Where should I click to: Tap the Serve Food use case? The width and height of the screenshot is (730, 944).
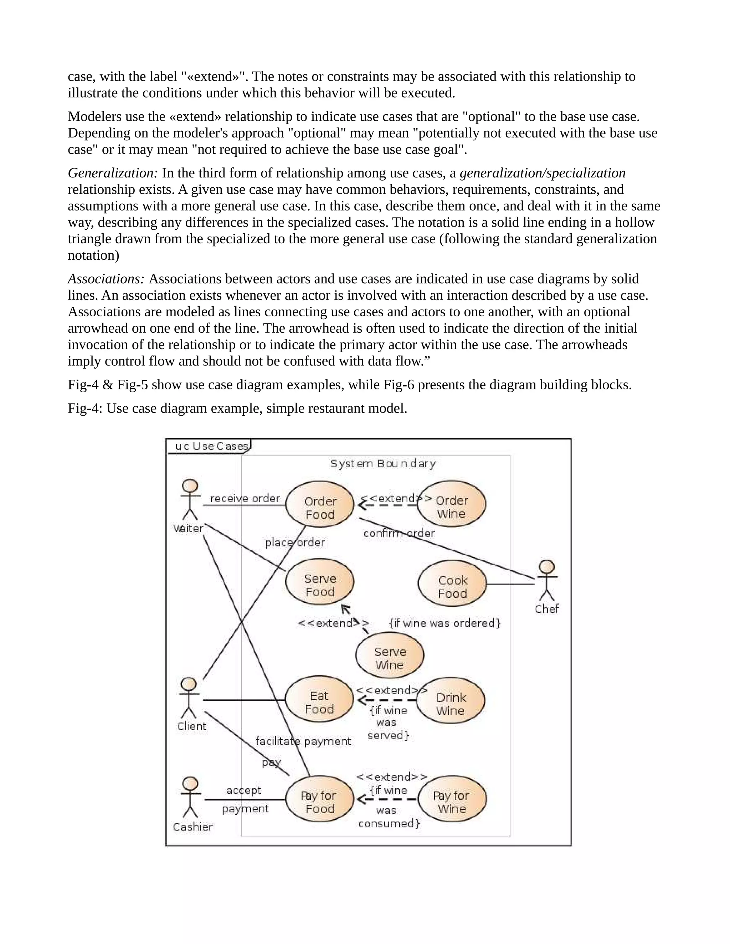[x=320, y=585]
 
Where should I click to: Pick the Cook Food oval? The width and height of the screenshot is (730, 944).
[x=452, y=587]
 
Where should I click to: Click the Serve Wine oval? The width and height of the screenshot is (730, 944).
[x=390, y=658]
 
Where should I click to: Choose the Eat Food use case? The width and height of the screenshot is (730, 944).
[x=319, y=702]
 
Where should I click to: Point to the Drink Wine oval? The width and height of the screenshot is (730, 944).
[x=451, y=704]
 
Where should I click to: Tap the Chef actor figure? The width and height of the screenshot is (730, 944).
[x=547, y=581]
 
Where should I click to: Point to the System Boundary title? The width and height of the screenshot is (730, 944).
[x=383, y=464]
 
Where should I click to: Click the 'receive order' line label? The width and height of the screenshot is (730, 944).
[x=245, y=498]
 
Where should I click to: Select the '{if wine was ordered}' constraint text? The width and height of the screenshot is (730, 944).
[x=444, y=623]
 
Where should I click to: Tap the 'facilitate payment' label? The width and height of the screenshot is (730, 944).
[x=303, y=741]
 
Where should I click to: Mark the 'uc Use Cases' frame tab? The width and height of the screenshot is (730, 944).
[x=211, y=446]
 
